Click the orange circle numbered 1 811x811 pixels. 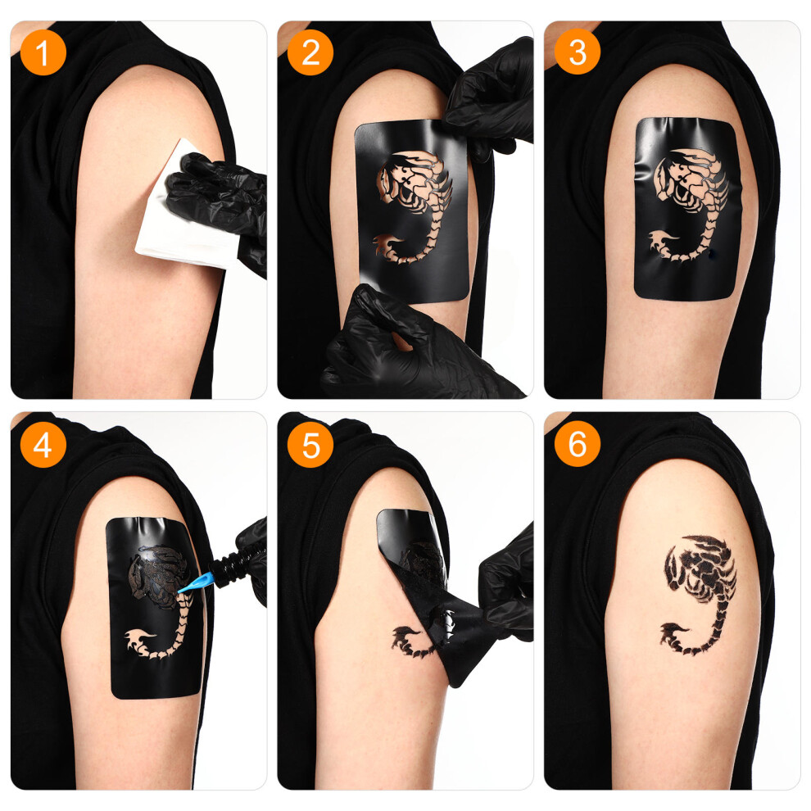43,52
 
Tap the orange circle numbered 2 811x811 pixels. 310,52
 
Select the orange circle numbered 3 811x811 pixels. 578,52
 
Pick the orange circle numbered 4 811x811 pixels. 43,444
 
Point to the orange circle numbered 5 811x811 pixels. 310,444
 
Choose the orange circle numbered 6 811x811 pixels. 578,444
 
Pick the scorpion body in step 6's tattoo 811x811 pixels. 701,569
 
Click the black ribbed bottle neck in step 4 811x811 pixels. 228,564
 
